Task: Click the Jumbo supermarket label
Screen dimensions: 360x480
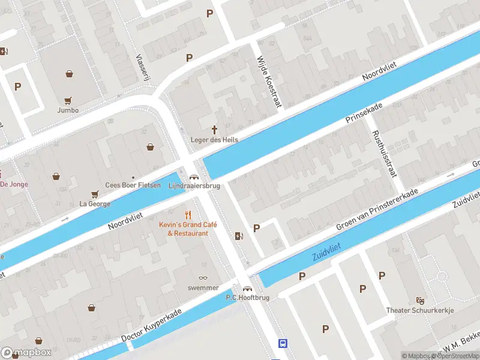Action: tap(68, 110)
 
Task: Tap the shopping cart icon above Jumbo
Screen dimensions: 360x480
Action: tap(68, 101)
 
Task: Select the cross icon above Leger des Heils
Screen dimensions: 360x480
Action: tap(214, 130)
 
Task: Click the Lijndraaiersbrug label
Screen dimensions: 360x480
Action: tap(194, 185)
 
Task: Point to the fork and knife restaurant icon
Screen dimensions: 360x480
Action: tap(188, 214)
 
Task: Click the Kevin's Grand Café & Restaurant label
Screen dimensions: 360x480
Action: tap(188, 229)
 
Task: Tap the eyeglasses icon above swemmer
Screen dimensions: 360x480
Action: tap(203, 278)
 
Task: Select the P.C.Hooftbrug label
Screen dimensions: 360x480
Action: tap(247, 298)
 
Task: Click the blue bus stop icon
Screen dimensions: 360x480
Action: tap(282, 344)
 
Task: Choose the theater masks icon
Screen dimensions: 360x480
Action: tap(420, 300)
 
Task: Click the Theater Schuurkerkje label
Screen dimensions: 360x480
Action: tap(419, 310)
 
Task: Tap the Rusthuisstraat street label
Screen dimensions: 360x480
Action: tap(384, 154)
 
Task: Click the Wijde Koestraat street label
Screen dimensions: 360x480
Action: tap(269, 82)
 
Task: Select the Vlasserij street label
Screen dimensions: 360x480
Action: tap(143, 60)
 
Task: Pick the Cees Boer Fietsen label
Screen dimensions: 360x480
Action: tap(133, 185)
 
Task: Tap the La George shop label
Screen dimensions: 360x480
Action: tap(95, 203)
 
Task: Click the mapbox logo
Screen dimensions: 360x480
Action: tap(27, 352)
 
